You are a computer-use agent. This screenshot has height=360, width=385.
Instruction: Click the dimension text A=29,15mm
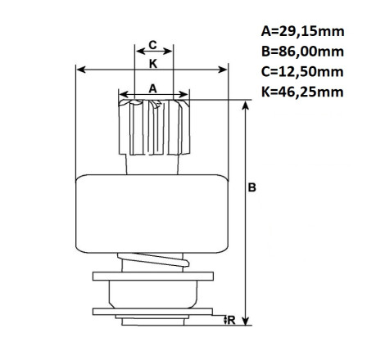click(x=302, y=31)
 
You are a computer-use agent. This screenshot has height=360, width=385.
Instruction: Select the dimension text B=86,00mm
click(x=302, y=52)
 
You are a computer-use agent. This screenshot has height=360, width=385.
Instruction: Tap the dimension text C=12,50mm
click(x=302, y=72)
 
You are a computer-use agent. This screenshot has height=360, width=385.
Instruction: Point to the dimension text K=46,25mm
click(x=302, y=92)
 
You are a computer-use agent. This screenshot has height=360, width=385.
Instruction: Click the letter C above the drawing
click(x=152, y=45)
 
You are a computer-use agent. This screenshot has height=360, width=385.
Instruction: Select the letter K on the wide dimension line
click(x=153, y=64)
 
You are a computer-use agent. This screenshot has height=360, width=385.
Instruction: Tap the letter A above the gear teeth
click(x=153, y=88)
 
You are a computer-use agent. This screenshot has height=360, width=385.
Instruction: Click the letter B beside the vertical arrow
click(x=251, y=187)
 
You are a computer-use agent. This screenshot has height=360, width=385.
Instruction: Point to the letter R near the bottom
click(x=231, y=321)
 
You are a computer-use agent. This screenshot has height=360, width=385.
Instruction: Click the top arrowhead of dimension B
click(x=246, y=105)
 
